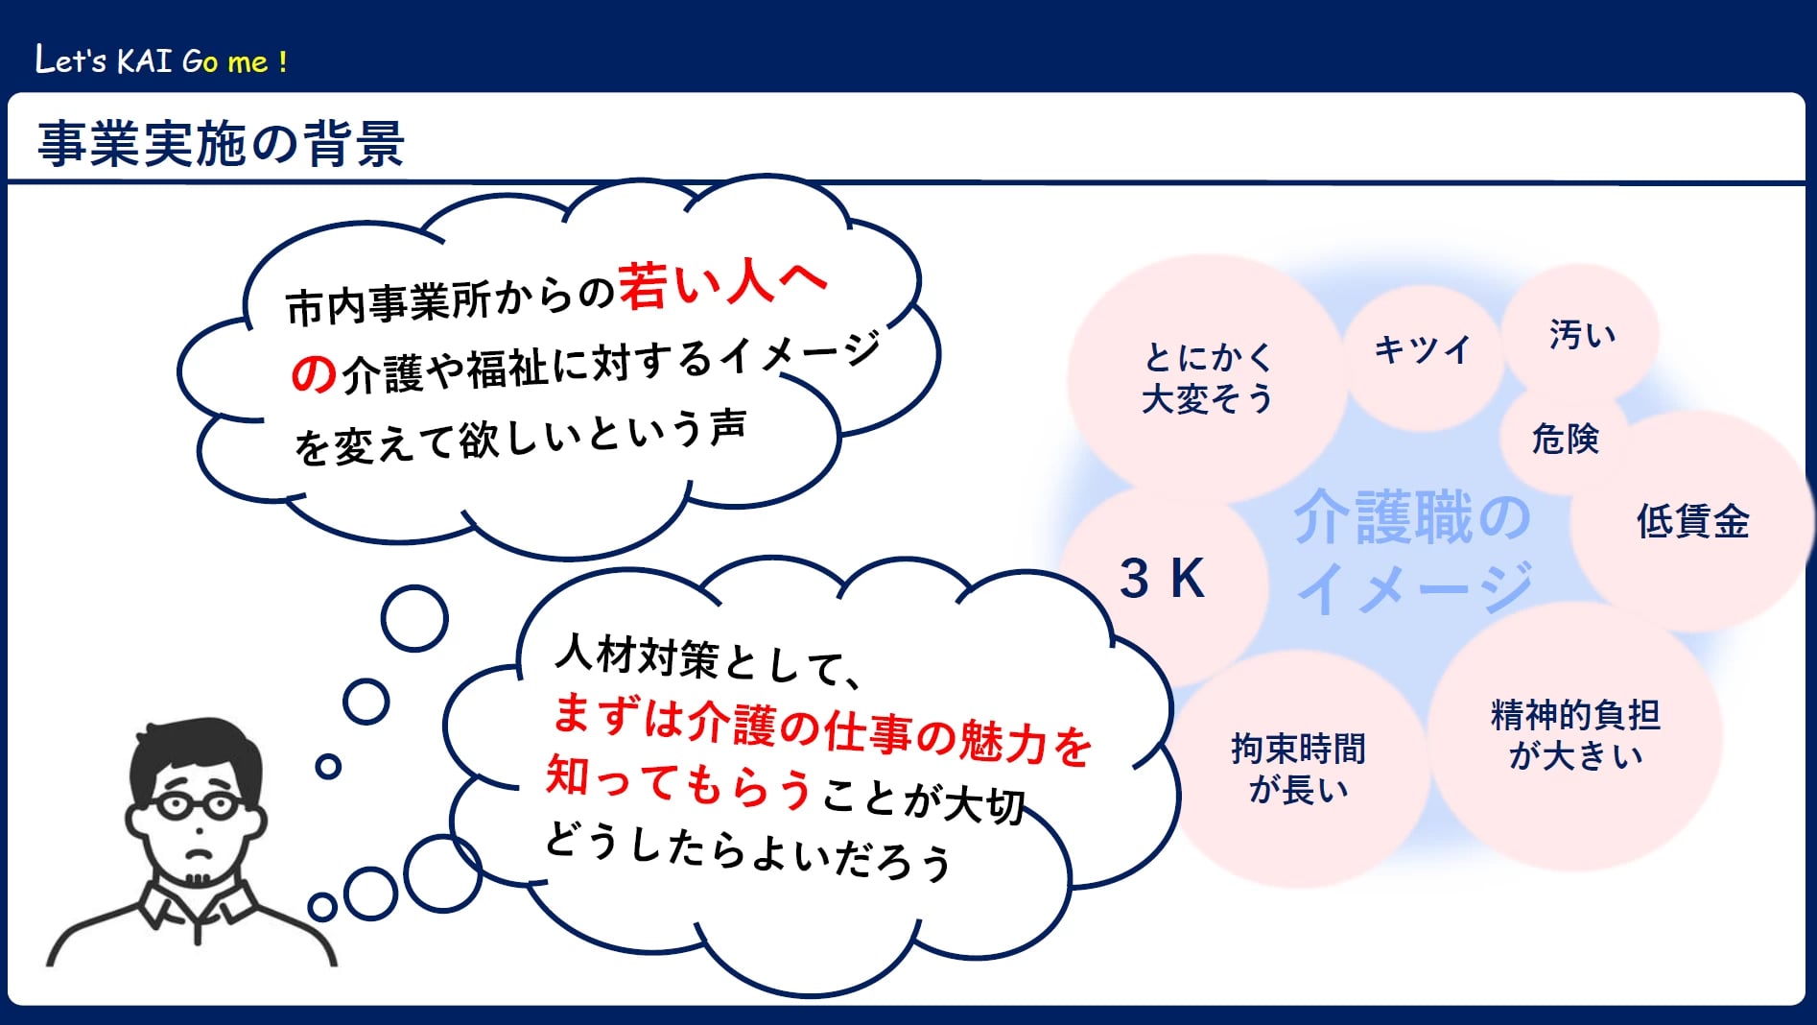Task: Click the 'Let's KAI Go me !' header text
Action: pyautogui.click(x=161, y=60)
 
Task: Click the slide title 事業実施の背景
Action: pyautogui.click(x=221, y=144)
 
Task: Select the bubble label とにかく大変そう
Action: pyautogui.click(x=1208, y=377)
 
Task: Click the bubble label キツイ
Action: pyautogui.click(x=1422, y=348)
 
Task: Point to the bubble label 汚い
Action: pyautogui.click(x=1582, y=334)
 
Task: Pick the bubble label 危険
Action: pyautogui.click(x=1566, y=439)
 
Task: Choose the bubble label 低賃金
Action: pyautogui.click(x=1692, y=521)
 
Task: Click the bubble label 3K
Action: pyautogui.click(x=1162, y=579)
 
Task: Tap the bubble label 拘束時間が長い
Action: pyautogui.click(x=1298, y=769)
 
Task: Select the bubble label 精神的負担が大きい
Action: pyautogui.click(x=1575, y=735)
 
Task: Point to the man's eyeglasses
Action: pyautogui.click(x=199, y=804)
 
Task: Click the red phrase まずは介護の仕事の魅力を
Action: pyautogui.click(x=822, y=731)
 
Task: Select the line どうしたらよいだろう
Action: pyautogui.click(x=748, y=852)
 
